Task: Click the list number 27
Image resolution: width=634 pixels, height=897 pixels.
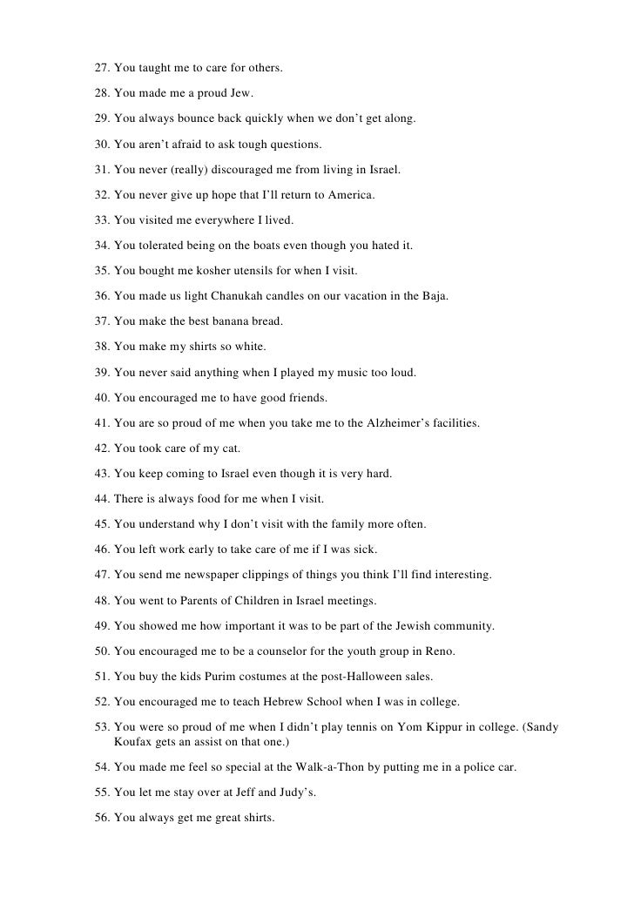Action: tap(102, 67)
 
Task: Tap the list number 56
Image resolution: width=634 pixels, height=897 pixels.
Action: tap(102, 822)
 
